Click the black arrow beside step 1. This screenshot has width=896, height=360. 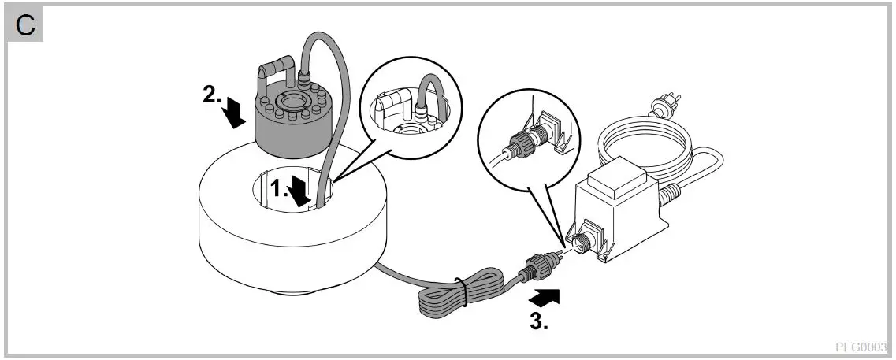tap(299, 192)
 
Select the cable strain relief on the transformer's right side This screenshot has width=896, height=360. tap(671, 191)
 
